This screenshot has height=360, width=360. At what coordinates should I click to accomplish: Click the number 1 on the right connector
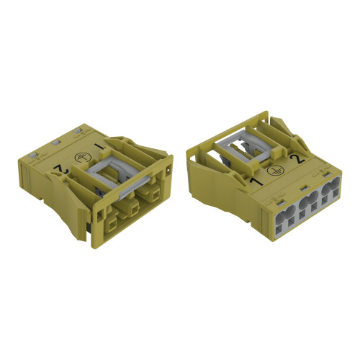(257, 181)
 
